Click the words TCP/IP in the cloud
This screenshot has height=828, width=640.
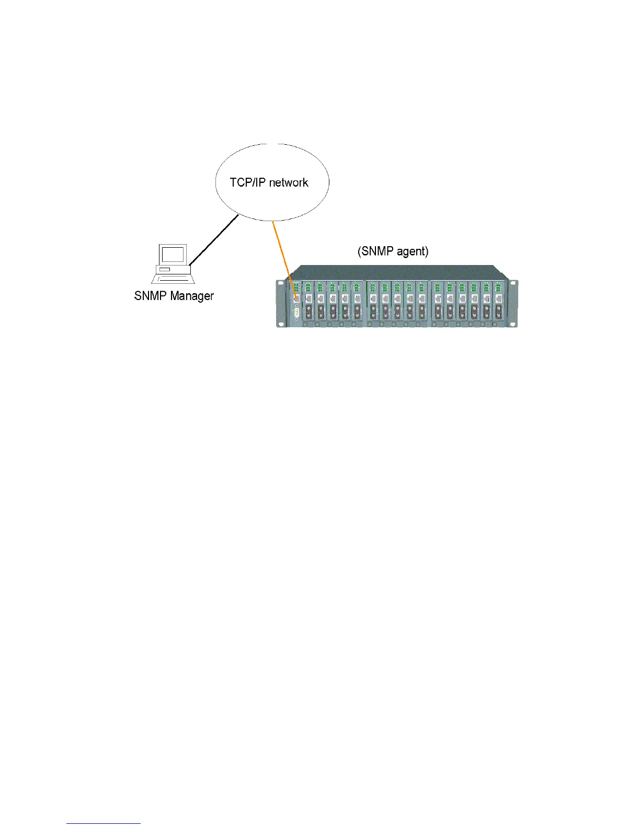[248, 182]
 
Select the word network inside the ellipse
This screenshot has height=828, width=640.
[289, 182]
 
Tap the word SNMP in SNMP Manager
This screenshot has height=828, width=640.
[150, 296]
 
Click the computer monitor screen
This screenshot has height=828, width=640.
[173, 255]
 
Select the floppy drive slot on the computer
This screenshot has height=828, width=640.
[165, 269]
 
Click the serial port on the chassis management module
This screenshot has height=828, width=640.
[296, 313]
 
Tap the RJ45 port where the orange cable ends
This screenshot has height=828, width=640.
[296, 298]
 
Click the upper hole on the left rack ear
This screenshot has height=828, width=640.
[281, 285]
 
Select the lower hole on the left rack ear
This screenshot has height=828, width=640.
[281, 324]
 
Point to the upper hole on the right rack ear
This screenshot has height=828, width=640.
[514, 285]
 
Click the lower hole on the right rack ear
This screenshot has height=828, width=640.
[514, 324]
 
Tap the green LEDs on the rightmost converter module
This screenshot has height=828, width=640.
[498, 287]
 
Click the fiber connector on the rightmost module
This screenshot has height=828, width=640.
[498, 312]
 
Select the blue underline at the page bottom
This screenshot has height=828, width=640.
[104, 824]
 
